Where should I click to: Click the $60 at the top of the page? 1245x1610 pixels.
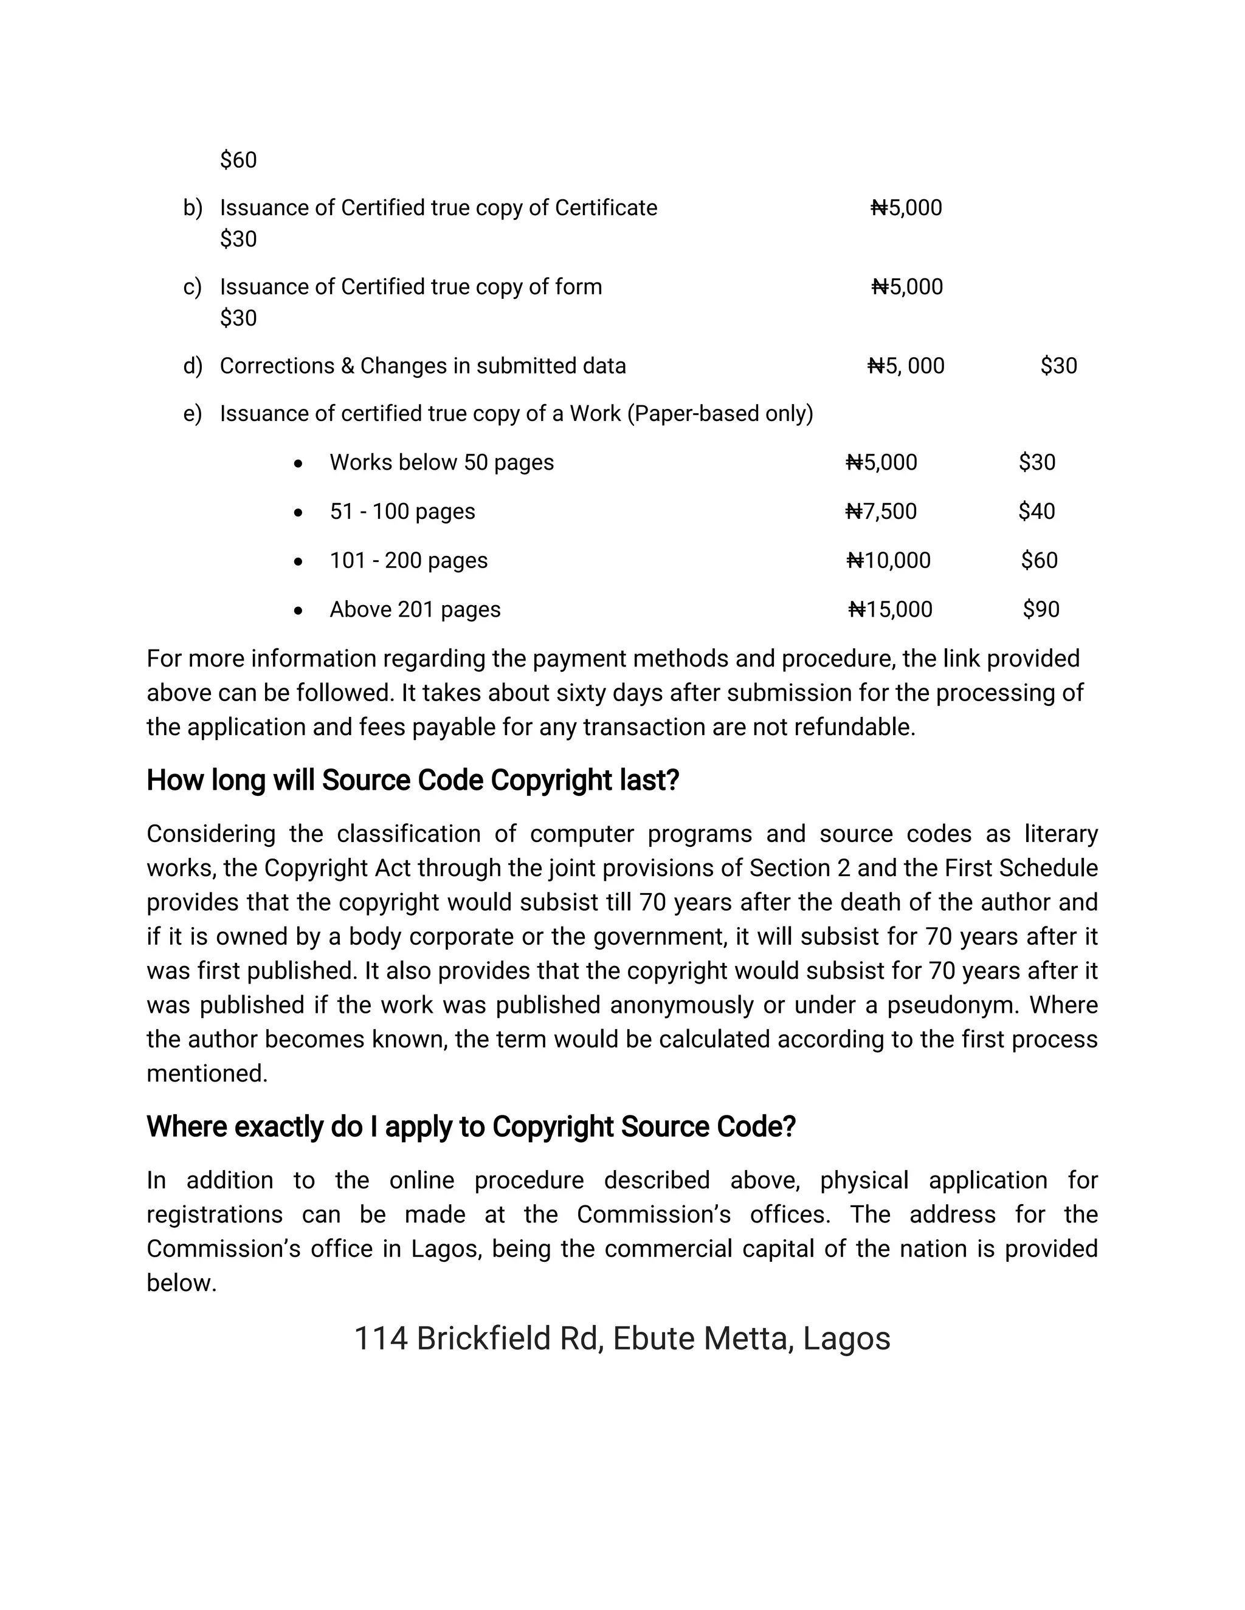pyautogui.click(x=238, y=160)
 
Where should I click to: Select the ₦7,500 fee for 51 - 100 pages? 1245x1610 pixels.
pyautogui.click(x=881, y=511)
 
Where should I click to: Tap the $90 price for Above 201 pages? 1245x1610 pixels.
pyautogui.click(x=1041, y=609)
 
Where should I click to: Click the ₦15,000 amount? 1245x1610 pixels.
pyautogui.click(x=890, y=609)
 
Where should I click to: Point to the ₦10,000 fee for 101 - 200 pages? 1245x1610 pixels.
pyautogui.click(x=889, y=560)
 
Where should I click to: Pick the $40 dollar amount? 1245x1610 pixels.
pyautogui.click(x=1036, y=511)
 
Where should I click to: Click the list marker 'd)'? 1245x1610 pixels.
pyautogui.click(x=193, y=366)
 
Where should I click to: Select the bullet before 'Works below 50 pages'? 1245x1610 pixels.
pyautogui.click(x=298, y=464)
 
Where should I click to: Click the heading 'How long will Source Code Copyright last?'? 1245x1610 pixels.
pyautogui.click(x=412, y=780)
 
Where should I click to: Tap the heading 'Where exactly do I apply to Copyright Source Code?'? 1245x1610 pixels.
pyautogui.click(x=471, y=1126)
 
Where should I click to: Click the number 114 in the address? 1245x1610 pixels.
pyautogui.click(x=381, y=1338)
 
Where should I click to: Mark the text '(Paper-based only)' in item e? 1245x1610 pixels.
pyautogui.click(x=720, y=414)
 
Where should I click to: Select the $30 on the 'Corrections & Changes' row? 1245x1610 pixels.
pyautogui.click(x=1058, y=366)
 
